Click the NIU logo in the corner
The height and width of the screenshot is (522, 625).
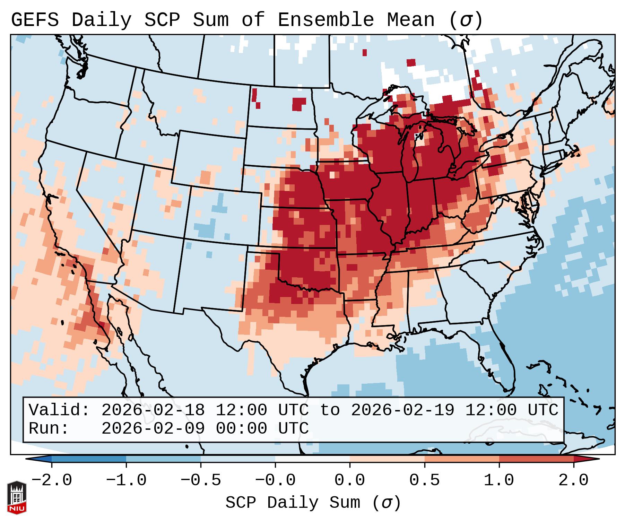[17, 497]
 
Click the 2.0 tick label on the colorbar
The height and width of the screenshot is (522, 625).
[573, 480]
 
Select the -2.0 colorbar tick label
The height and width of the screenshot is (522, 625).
[52, 480]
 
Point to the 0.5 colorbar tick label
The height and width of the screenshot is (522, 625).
[424, 480]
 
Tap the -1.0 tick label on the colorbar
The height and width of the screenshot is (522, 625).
[126, 480]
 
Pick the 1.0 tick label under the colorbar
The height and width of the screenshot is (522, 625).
[499, 480]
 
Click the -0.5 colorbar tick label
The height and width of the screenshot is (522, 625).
[201, 480]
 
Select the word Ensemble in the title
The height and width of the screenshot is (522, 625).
[326, 20]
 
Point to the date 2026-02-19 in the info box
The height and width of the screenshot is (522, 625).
[403, 410]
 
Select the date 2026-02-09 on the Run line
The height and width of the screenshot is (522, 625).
[153, 428]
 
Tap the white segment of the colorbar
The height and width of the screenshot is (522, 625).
[312, 459]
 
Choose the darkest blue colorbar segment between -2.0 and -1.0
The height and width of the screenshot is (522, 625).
[89, 459]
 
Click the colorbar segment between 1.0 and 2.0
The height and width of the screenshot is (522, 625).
[536, 459]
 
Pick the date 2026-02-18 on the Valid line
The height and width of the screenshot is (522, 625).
[153, 410]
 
